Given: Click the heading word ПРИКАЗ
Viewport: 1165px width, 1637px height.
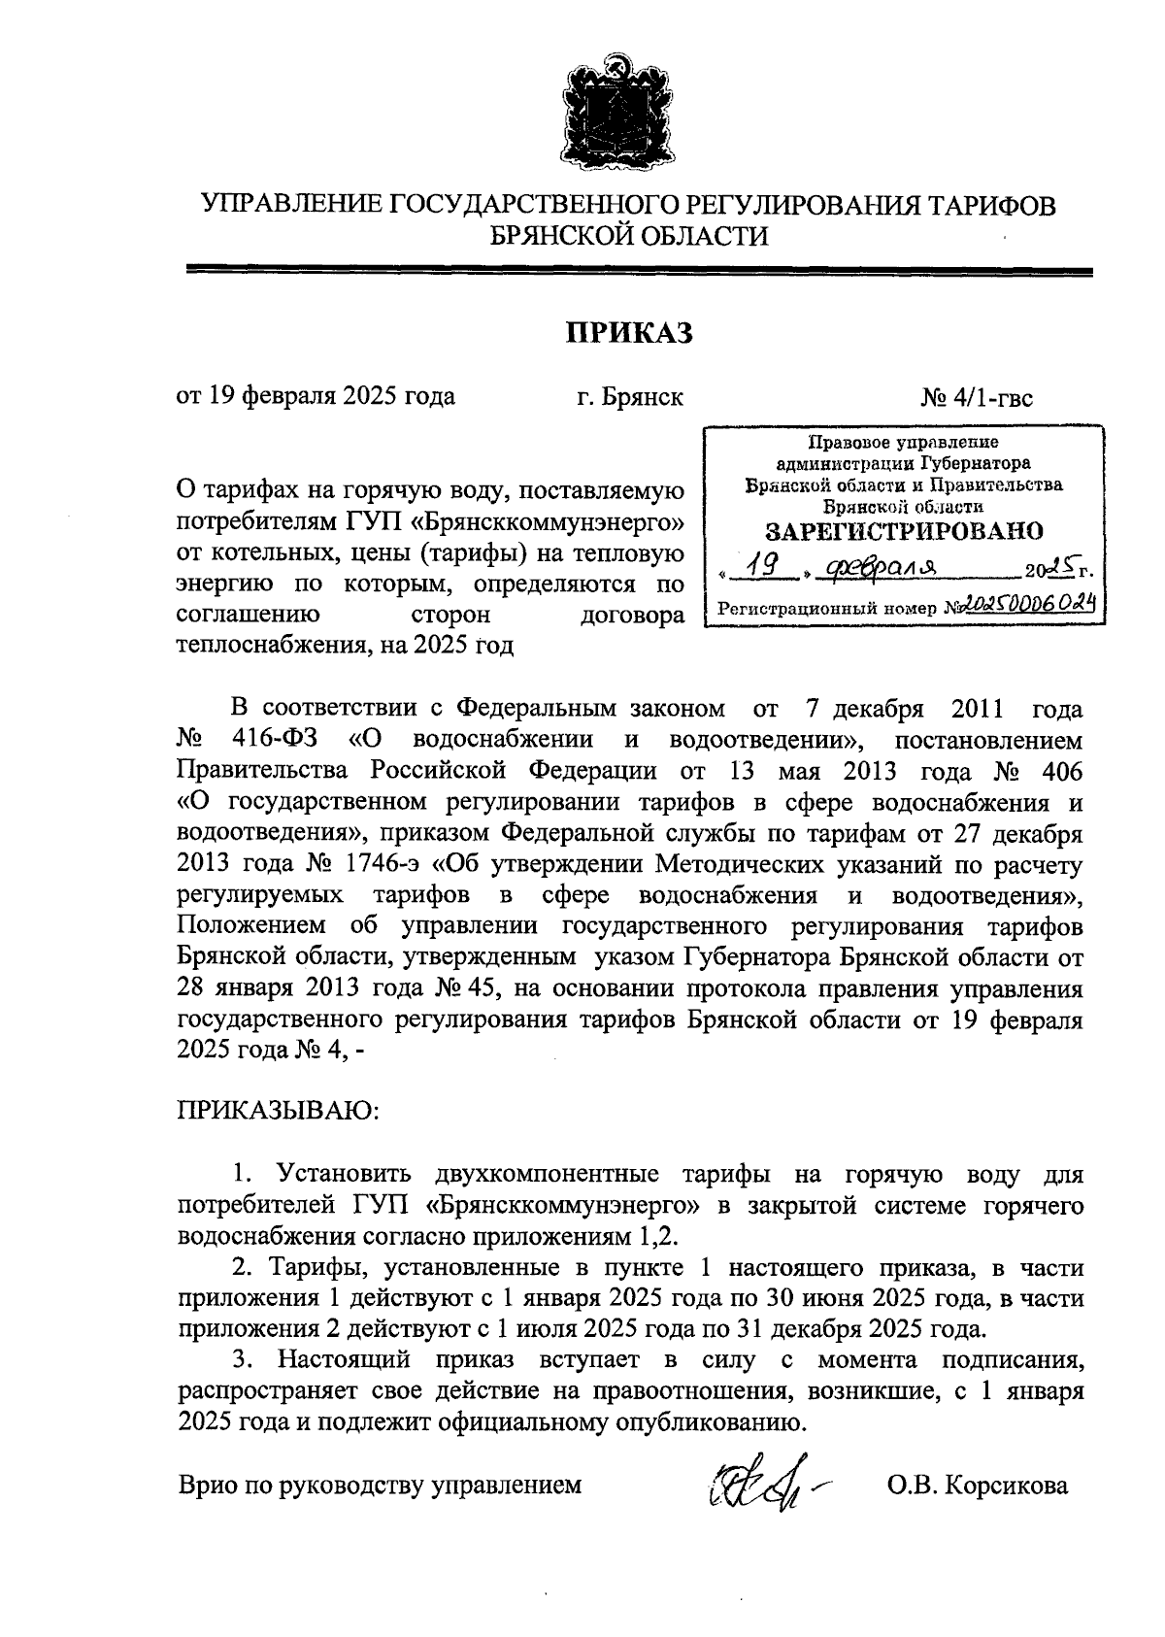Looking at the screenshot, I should pyautogui.click(x=628, y=334).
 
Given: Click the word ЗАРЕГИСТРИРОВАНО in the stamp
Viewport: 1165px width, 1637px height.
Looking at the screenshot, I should pyautogui.click(x=904, y=531).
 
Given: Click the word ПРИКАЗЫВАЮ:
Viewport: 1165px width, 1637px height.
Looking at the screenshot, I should pyautogui.click(x=277, y=1111).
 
